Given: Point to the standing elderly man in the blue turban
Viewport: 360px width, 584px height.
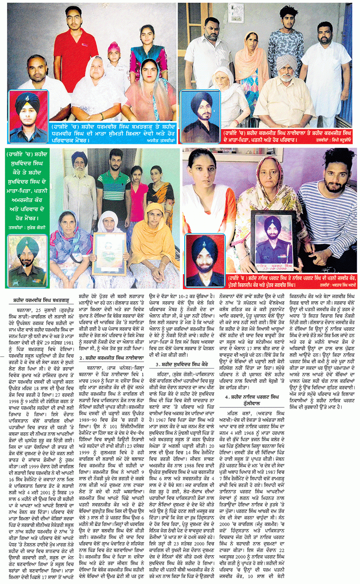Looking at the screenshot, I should click(79, 182).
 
